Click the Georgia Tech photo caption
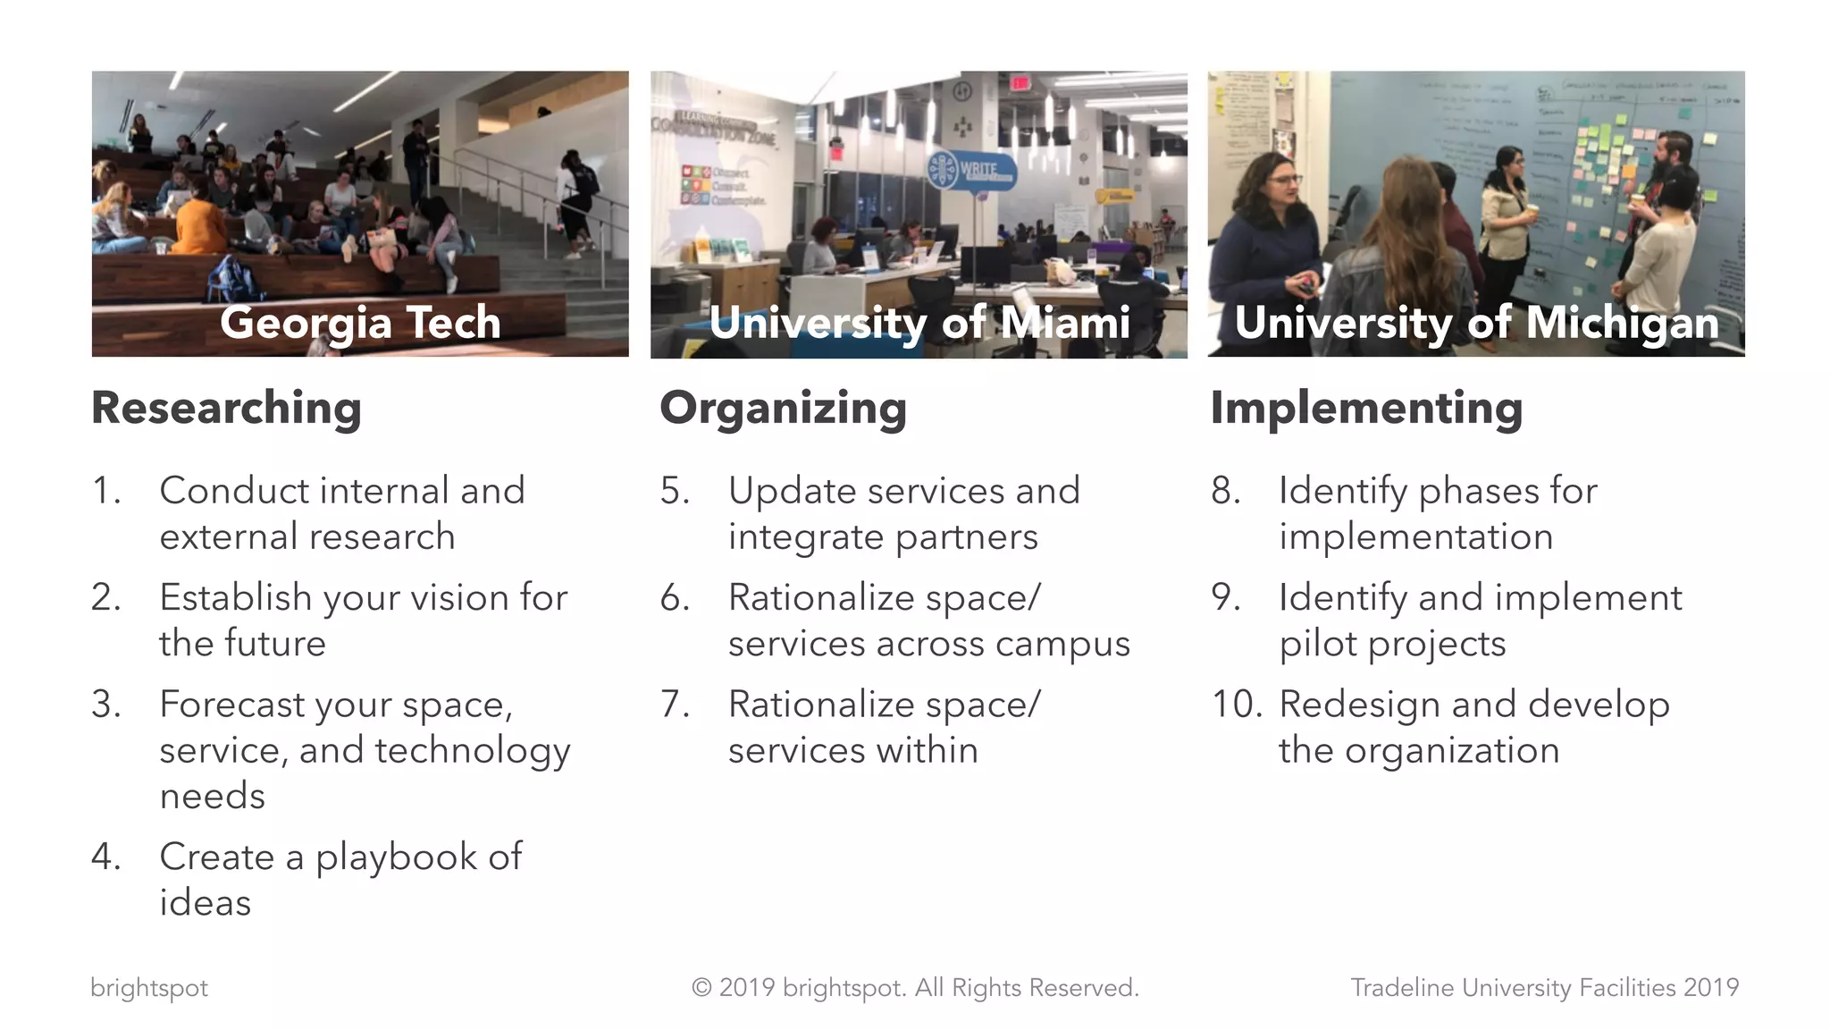pos(360,322)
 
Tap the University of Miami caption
pos(919,323)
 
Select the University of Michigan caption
pos(1476,323)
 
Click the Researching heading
pos(226,409)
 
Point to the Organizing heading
pos(783,409)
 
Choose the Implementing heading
pos(1366,409)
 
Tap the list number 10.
pos(1237,705)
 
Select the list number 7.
pos(675,705)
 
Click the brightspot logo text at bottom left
pos(149,988)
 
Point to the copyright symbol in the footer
pos(701,988)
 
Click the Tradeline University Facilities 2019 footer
pos(1544,988)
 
